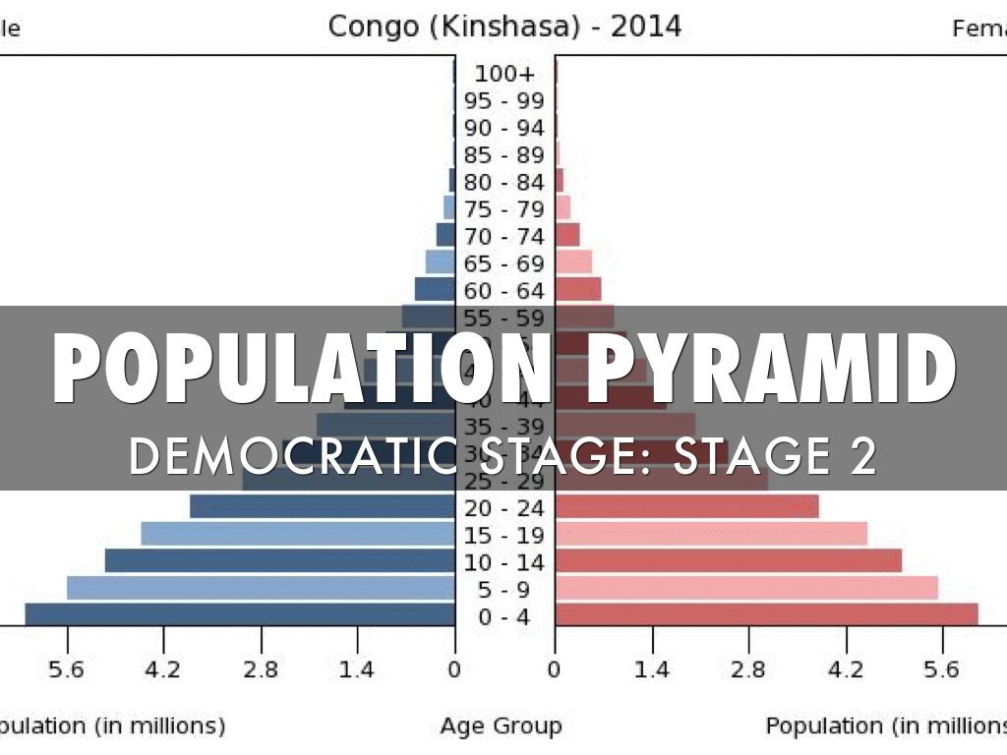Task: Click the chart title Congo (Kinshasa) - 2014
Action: coord(504,26)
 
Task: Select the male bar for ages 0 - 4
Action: coord(240,614)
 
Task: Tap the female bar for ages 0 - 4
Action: coord(766,614)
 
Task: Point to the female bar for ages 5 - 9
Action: coord(746,588)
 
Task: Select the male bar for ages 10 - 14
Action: coord(280,560)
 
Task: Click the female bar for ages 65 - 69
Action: coord(573,262)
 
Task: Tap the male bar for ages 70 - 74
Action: coord(445,235)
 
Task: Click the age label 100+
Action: coord(504,74)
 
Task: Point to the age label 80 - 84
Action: coord(504,183)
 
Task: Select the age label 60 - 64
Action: coord(504,291)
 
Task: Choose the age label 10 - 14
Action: coord(504,562)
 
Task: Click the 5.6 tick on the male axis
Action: coord(67,670)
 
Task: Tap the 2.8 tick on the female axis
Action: coord(748,670)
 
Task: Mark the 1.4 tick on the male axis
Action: coord(357,670)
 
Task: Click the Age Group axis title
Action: coord(501,726)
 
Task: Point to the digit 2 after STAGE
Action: coord(862,455)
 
